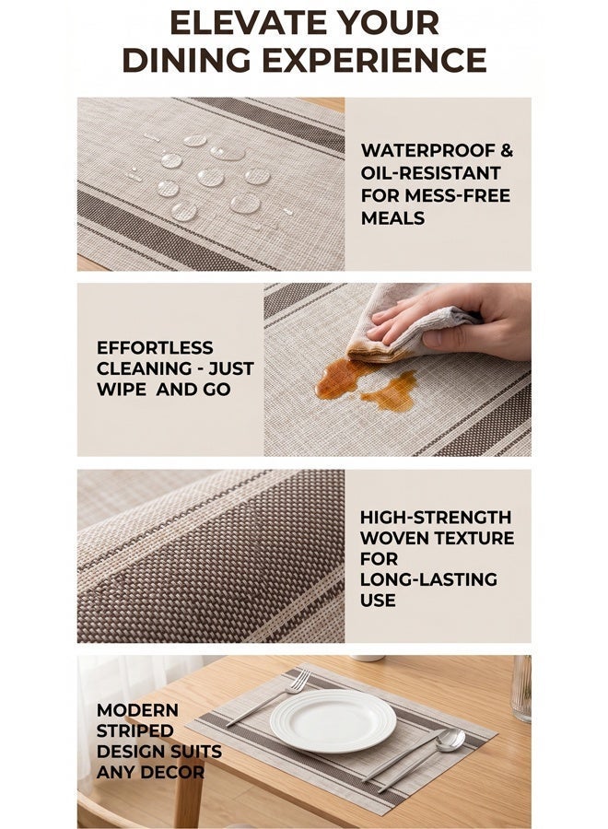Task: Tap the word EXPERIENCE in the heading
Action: click(x=374, y=60)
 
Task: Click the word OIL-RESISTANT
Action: click(x=431, y=173)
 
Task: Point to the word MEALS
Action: click(x=392, y=217)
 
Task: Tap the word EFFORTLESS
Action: click(x=155, y=347)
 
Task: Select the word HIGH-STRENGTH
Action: click(x=436, y=517)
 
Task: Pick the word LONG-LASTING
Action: click(x=428, y=579)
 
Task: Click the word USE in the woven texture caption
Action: click(x=378, y=600)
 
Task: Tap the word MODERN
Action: click(x=137, y=710)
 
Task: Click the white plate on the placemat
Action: click(x=333, y=720)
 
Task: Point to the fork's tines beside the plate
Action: click(x=298, y=681)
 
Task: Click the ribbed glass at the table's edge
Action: click(x=520, y=688)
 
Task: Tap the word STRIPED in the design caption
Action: click(x=135, y=730)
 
